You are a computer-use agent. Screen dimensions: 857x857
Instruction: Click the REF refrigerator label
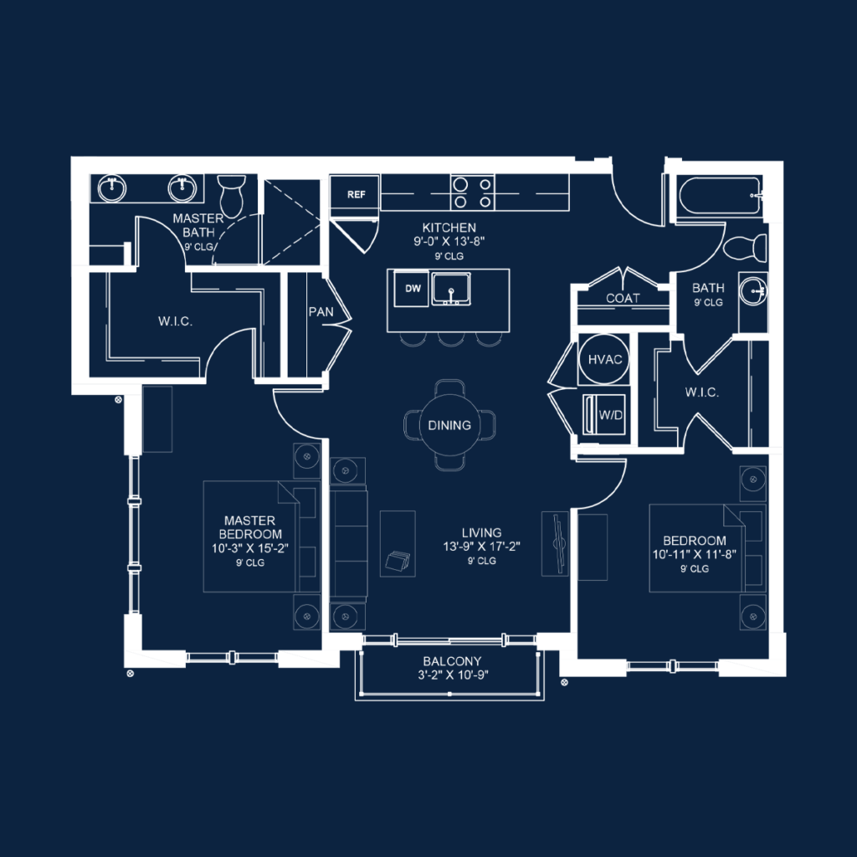tap(357, 194)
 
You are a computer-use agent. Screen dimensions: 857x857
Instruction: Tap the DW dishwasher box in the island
tap(412, 288)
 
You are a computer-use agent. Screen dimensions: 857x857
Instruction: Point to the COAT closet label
tap(623, 298)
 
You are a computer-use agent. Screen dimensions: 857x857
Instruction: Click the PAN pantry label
tap(321, 311)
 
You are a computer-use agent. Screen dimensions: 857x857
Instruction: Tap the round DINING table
tap(449, 424)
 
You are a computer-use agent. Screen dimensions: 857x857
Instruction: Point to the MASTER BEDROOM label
tap(250, 527)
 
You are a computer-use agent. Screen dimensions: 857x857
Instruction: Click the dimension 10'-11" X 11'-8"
tap(695, 554)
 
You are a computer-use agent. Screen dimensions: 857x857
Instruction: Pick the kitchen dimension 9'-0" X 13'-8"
tap(449, 242)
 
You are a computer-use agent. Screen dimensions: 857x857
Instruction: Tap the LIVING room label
tap(481, 532)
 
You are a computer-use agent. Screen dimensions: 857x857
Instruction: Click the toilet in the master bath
tap(229, 197)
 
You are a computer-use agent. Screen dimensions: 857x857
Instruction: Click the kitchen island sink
tap(451, 290)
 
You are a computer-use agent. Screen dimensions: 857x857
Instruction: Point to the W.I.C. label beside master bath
tap(176, 321)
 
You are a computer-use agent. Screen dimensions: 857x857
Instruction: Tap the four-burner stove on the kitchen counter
tap(471, 192)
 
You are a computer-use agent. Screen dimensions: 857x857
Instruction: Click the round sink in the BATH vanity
tap(755, 291)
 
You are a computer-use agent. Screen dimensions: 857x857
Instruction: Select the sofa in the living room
tap(349, 544)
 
